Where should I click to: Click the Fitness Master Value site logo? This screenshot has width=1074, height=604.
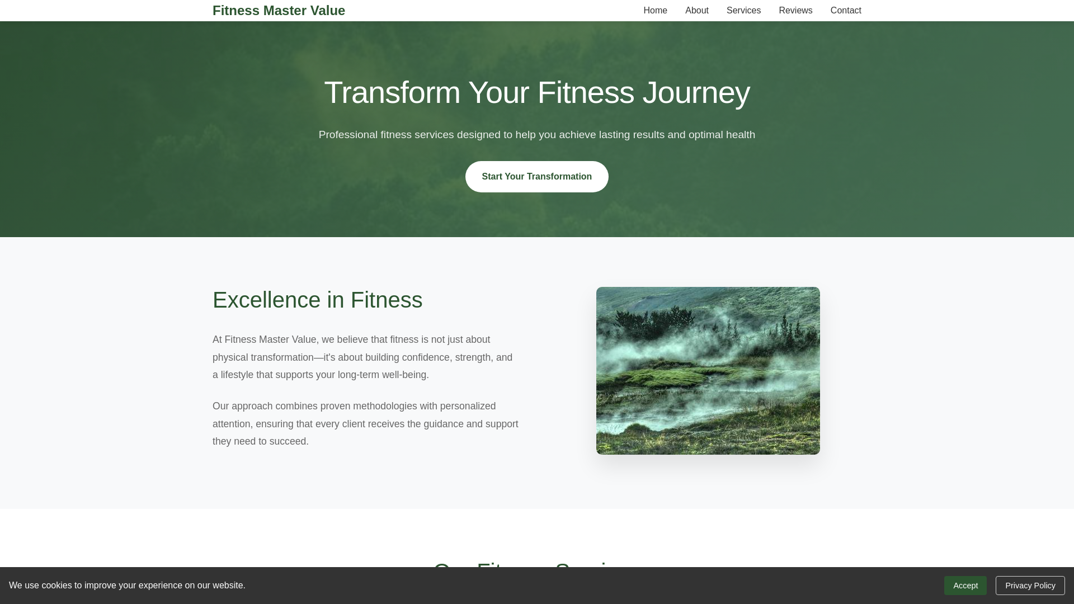coord(279,11)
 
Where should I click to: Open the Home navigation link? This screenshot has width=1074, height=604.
coord(655,11)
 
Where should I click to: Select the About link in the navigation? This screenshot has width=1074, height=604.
coord(696,11)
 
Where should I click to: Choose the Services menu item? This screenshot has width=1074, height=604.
coord(743,11)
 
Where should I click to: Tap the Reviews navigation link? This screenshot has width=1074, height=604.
coord(795,11)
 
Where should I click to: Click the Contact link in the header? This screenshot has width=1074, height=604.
coord(846,11)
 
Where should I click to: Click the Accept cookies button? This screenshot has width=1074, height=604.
coord(965,586)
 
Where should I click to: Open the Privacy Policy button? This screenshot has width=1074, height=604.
coord(1030,586)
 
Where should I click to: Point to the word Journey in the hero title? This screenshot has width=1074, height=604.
coord(696,93)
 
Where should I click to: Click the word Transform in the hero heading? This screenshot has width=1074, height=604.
coord(392,93)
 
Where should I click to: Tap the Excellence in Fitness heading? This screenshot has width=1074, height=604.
coord(317,300)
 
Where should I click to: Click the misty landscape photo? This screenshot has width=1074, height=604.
coord(708,370)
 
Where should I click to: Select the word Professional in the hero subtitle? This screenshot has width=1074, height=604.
coord(348,135)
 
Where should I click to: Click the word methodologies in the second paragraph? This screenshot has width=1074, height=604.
coord(385,406)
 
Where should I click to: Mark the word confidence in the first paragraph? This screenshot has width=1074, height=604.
coord(426,357)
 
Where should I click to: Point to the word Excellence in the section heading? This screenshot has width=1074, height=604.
coord(266,300)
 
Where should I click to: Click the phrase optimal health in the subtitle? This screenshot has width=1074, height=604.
coord(722,135)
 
